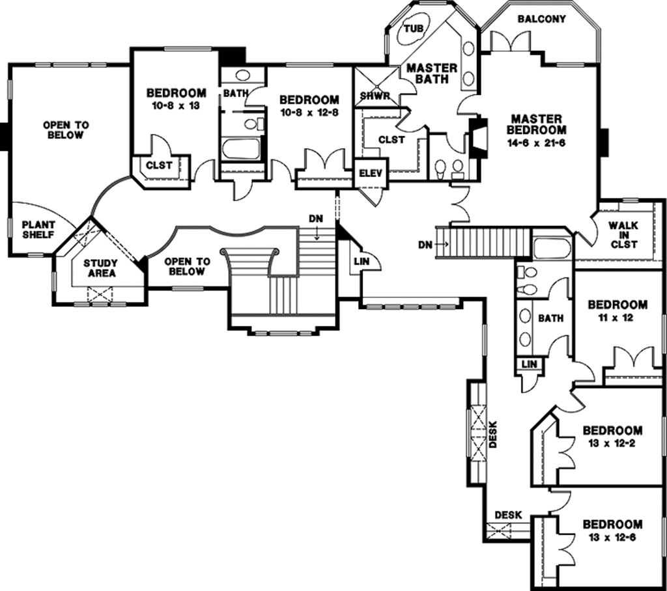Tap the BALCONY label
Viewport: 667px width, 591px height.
click(541, 19)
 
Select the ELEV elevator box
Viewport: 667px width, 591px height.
click(371, 174)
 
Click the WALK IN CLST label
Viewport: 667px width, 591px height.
click(623, 235)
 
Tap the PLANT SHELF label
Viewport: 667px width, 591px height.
click(38, 229)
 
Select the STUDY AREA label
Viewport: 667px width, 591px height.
click(100, 268)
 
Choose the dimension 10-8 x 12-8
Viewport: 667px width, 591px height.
click(309, 113)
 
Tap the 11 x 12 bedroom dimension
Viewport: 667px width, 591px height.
click(617, 318)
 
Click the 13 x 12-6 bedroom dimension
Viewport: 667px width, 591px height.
click(612, 538)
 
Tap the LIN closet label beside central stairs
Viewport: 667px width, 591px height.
click(362, 261)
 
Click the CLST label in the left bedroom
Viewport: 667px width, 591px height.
click(159, 165)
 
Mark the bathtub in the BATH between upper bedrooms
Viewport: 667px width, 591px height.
click(241, 149)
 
